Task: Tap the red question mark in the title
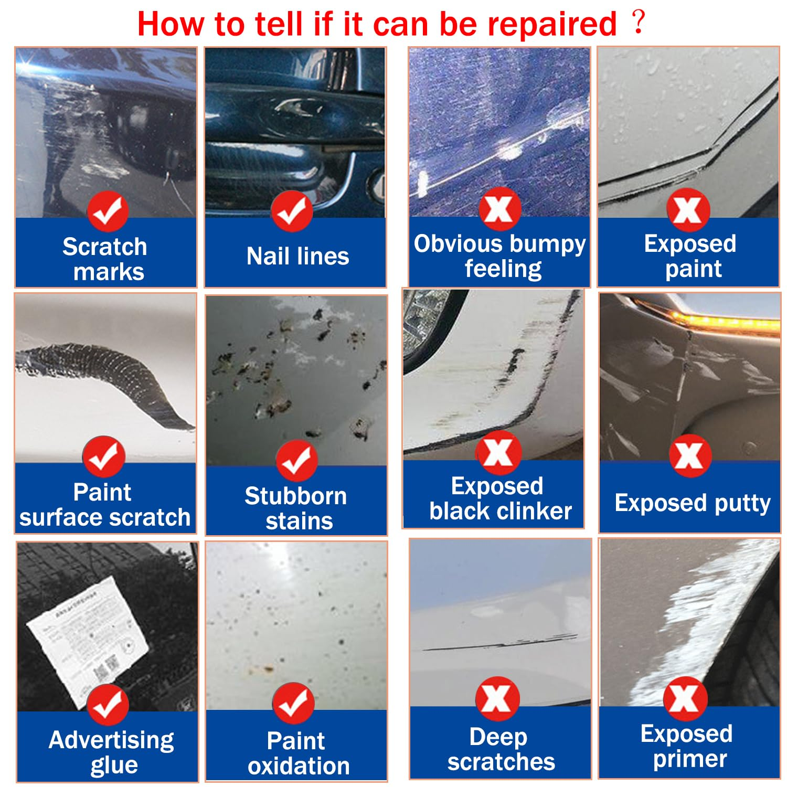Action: coord(638,22)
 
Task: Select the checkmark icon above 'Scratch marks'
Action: coord(108,211)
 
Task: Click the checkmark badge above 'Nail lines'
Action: coord(292,211)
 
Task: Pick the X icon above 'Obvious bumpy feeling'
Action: coord(499,209)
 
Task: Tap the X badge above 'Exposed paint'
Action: coord(688,210)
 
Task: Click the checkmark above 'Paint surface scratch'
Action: coord(103,456)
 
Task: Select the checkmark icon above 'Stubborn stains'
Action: coord(296,461)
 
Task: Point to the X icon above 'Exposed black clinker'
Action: coord(498,453)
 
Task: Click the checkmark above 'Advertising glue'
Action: coord(108,705)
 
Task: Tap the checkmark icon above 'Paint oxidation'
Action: coord(293,704)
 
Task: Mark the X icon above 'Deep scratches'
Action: coord(497,698)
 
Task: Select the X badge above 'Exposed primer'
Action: coord(685,698)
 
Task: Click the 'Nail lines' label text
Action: coord(297,256)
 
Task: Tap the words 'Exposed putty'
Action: coord(693,503)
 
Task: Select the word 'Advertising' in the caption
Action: coord(111,740)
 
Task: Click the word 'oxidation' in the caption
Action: coord(299,766)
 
